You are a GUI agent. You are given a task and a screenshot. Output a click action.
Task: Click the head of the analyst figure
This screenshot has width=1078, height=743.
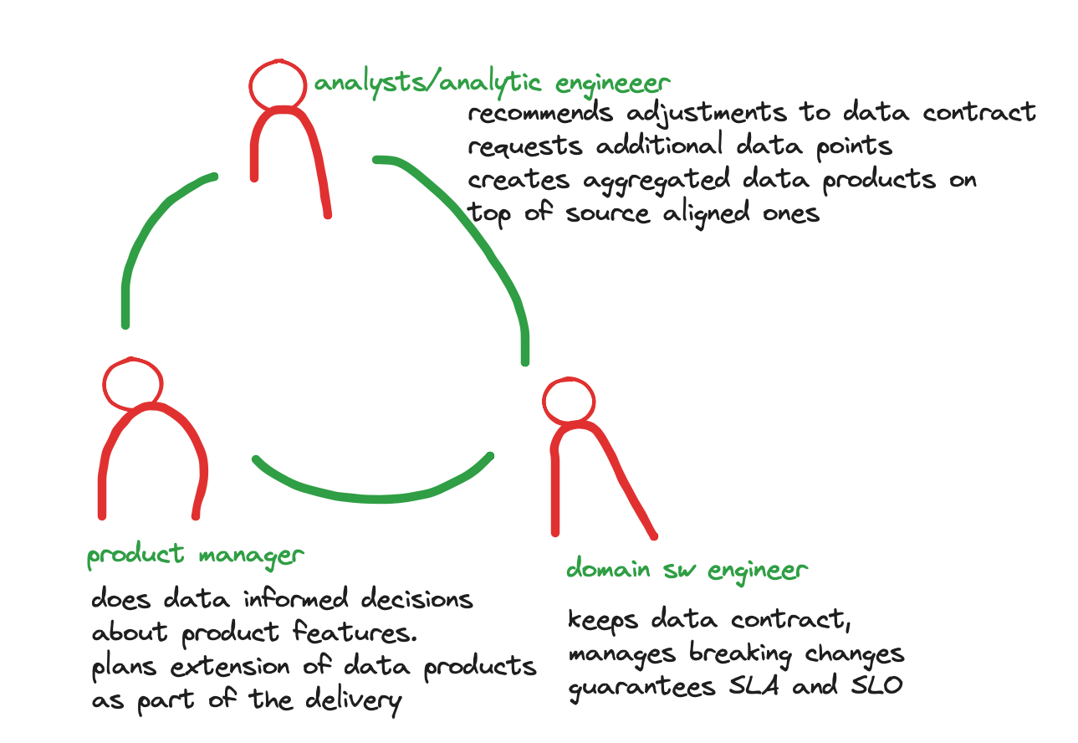coord(278,84)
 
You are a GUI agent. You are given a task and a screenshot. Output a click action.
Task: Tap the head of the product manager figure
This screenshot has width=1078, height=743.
coord(131,382)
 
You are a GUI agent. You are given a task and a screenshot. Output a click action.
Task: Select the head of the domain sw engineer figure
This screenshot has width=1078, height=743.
coord(570,401)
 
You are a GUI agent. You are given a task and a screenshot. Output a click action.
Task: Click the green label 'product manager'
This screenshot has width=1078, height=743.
coord(196,556)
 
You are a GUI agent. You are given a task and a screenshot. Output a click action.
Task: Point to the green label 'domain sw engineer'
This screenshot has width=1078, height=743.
coord(687,571)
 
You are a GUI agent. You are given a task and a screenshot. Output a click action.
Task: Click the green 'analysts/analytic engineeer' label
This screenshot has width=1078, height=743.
coord(492,83)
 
